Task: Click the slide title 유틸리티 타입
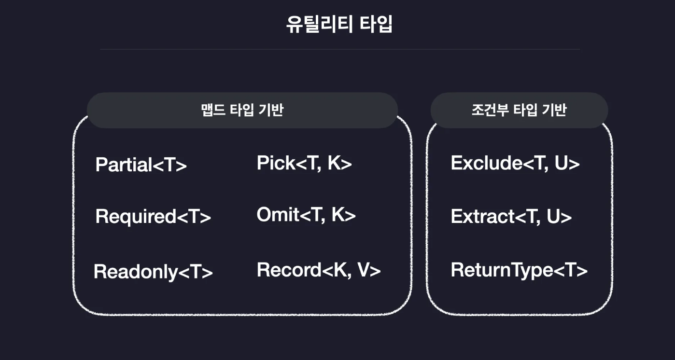pyautogui.click(x=339, y=25)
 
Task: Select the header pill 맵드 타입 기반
pyautogui.click(x=242, y=110)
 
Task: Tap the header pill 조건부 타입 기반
pyautogui.click(x=519, y=110)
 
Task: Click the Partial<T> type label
pyautogui.click(x=141, y=165)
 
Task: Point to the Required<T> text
pyautogui.click(x=153, y=217)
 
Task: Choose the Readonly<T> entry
pyautogui.click(x=153, y=272)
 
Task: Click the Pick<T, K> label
pyautogui.click(x=304, y=163)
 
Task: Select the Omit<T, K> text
pyautogui.click(x=306, y=215)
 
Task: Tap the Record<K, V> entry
pyautogui.click(x=319, y=270)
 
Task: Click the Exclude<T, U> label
pyautogui.click(x=515, y=163)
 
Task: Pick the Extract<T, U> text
pyautogui.click(x=511, y=217)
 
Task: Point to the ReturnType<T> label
pyautogui.click(x=519, y=270)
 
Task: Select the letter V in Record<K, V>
pyautogui.click(x=364, y=270)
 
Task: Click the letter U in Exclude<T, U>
pyautogui.click(x=561, y=163)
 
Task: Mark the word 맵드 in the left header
pyautogui.click(x=210, y=110)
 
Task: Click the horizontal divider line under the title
pyautogui.click(x=340, y=49)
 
